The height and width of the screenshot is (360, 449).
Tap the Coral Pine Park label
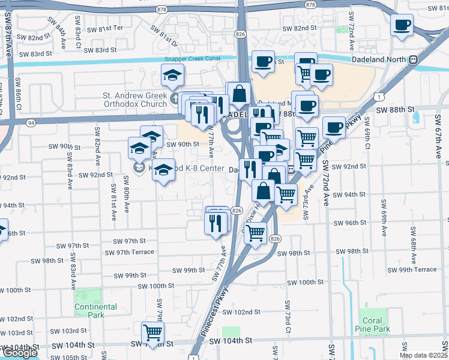(376, 325)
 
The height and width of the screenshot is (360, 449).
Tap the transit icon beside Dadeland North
(413, 60)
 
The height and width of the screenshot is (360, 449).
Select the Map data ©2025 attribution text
(423, 355)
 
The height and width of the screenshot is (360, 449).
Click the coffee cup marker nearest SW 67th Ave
(402, 26)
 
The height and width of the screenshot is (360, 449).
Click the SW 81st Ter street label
(106, 28)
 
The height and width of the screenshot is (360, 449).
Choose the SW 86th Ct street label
(20, 101)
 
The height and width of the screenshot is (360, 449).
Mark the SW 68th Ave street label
(414, 238)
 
